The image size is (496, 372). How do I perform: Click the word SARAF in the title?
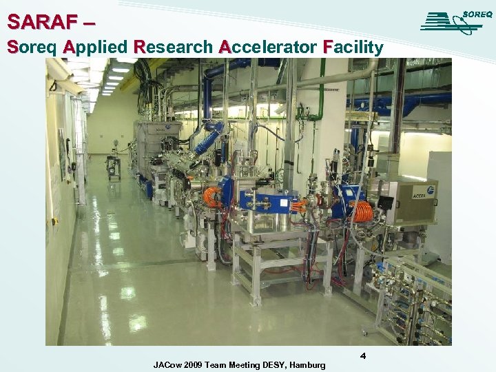[x=40, y=22]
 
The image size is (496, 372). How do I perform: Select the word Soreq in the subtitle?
[x=30, y=48]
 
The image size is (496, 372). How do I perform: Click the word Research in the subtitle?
[x=174, y=48]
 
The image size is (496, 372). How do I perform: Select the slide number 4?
[x=362, y=355]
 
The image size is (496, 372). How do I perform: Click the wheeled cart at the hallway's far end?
[x=114, y=167]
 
